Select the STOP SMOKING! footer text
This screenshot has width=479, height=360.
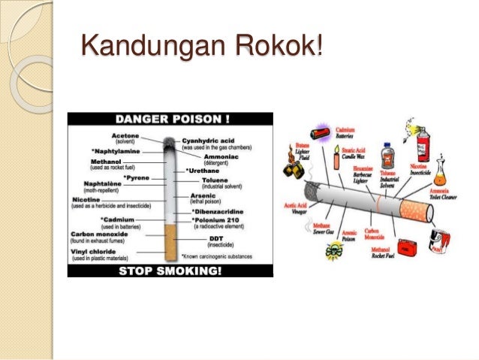[170, 269]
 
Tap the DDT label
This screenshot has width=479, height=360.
[216, 240]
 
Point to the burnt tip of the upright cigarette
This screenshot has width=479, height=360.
[169, 142]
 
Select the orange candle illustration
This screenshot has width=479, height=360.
[336, 159]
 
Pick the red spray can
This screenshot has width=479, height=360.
[424, 140]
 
